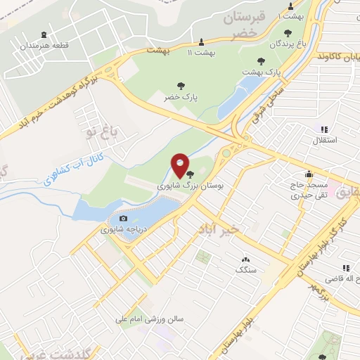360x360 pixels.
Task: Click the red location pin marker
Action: click(x=181, y=166)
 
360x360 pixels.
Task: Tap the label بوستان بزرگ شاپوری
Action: click(x=170, y=186)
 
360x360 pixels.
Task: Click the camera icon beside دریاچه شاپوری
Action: click(x=124, y=219)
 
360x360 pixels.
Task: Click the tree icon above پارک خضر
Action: click(x=181, y=86)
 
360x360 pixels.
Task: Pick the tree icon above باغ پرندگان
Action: click(x=288, y=32)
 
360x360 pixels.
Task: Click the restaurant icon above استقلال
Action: click(x=324, y=129)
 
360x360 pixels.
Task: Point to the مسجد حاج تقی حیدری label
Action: click(x=308, y=188)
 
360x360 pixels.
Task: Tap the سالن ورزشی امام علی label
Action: click(x=150, y=319)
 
